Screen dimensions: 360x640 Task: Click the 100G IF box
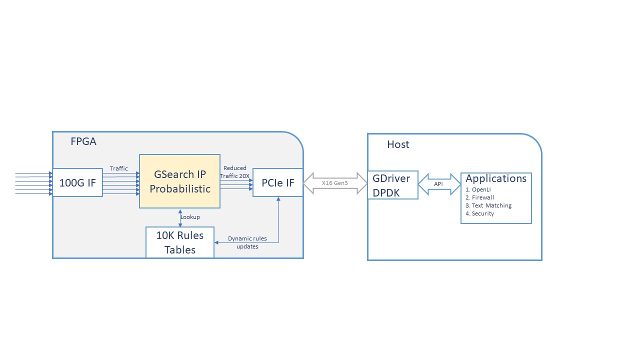(x=77, y=182)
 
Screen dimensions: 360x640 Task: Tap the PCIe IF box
(x=277, y=182)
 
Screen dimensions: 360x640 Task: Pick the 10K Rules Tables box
(x=180, y=242)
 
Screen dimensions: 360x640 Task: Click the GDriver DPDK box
(x=392, y=185)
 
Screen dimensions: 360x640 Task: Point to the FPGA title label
(x=83, y=141)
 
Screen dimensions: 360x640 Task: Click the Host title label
(x=398, y=144)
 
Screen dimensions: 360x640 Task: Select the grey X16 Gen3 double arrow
(x=335, y=183)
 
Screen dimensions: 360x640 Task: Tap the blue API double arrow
(x=438, y=184)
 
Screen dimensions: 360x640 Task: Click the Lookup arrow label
(x=190, y=217)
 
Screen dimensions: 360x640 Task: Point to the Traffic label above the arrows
(x=119, y=168)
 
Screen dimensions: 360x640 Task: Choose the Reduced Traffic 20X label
(x=234, y=172)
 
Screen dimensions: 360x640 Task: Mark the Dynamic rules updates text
(x=247, y=242)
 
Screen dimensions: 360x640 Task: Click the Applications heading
(x=496, y=178)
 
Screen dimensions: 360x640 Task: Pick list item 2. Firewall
(x=480, y=197)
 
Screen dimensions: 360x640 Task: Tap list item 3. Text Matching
(x=488, y=205)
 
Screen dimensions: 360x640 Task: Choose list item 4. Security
(x=479, y=213)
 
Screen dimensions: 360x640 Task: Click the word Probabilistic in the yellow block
(x=179, y=189)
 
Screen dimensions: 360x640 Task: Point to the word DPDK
(x=386, y=192)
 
